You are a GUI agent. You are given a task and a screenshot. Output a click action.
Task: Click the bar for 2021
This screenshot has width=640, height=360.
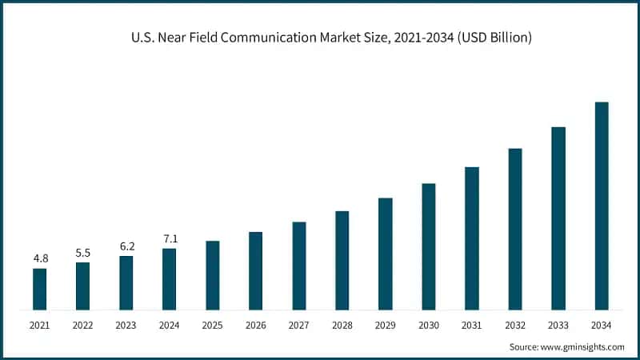point(39,289)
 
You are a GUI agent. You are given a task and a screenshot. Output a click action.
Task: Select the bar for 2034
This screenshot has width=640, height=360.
point(602,206)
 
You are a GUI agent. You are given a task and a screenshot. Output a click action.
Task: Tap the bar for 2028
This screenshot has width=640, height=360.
point(342,260)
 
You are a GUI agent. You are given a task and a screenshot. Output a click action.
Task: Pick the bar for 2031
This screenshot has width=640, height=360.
point(472,238)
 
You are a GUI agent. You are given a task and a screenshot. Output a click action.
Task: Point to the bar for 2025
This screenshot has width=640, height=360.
point(212,275)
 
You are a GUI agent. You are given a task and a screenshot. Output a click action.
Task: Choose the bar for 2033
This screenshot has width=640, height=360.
point(558,218)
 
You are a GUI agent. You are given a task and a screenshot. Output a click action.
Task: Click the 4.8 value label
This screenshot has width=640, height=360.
point(39,258)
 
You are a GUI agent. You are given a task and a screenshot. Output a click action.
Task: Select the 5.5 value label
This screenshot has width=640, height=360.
point(82,252)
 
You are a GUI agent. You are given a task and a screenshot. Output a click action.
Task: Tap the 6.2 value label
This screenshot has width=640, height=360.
point(126,246)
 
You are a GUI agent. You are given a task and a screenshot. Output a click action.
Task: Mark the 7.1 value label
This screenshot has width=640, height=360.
point(169,238)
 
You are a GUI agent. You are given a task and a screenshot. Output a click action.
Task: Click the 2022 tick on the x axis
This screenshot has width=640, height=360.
point(82,325)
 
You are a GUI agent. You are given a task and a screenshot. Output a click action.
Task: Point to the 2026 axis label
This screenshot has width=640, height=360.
point(255,325)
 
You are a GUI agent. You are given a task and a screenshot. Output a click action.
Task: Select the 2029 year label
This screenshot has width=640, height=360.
point(385,325)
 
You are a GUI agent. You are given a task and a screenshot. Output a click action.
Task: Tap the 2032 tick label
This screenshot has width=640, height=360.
point(515,325)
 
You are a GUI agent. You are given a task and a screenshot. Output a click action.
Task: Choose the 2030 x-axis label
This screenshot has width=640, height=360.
point(429,325)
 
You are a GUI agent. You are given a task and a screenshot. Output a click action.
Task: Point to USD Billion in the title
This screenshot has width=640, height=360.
point(491,38)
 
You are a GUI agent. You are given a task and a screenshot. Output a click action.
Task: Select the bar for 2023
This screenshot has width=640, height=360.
point(126,282)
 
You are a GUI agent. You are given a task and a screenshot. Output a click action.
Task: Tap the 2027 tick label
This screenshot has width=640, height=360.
point(298,325)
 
